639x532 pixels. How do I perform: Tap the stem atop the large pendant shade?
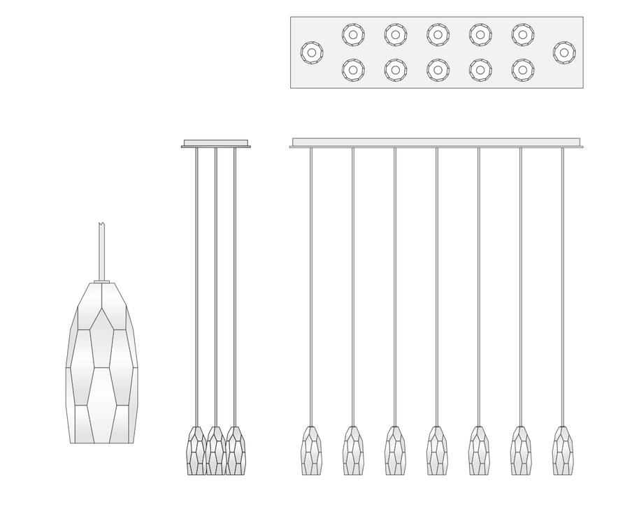[x=101, y=248]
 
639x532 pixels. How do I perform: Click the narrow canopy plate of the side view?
[x=216, y=144]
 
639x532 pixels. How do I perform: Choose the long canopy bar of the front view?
[x=436, y=142]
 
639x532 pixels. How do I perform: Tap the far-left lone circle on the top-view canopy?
[x=311, y=52]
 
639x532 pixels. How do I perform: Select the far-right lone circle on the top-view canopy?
[x=563, y=52]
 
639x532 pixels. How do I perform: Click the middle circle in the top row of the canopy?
[x=438, y=34]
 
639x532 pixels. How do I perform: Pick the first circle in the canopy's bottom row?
[x=353, y=69]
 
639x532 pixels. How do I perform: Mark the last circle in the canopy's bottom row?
[x=522, y=69]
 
